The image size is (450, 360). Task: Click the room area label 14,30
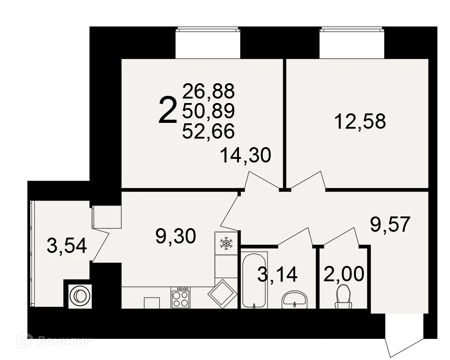click(246, 156)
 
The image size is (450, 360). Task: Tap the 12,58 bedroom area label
click(360, 121)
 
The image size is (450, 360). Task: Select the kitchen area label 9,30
click(175, 236)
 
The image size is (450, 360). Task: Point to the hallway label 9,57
click(390, 224)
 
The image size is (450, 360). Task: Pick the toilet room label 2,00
click(344, 274)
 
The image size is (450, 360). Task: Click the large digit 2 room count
click(167, 112)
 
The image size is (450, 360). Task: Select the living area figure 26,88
click(208, 91)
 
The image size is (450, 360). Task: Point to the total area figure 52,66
click(208, 130)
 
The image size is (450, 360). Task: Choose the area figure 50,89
click(208, 111)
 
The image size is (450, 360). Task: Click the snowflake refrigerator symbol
click(226, 244)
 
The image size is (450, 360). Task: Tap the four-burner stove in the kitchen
click(180, 297)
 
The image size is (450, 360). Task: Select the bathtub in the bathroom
click(255, 280)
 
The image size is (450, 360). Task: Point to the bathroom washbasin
click(294, 298)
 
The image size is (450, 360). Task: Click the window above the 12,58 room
click(352, 44)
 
